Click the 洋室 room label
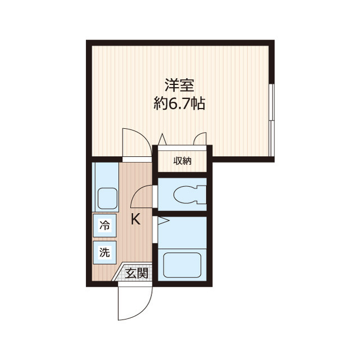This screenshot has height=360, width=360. click(179, 86)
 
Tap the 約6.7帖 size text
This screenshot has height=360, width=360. click(179, 103)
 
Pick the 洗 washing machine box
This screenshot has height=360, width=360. click(105, 253)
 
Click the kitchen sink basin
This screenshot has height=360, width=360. click(106, 199)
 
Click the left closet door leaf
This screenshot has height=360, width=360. click(162, 139)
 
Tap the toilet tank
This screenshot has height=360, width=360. click(202, 195)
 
